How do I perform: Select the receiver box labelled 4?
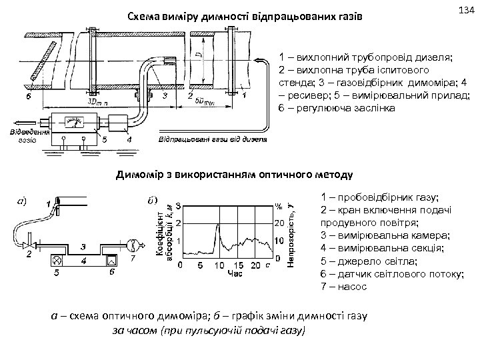click(x=120, y=123)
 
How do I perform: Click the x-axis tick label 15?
click(x=221, y=266)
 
